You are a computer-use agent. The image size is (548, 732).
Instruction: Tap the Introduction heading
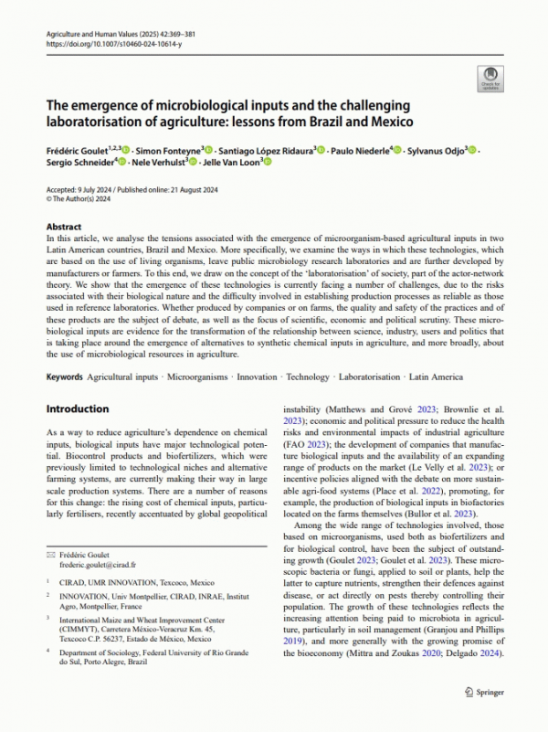tap(78, 408)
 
